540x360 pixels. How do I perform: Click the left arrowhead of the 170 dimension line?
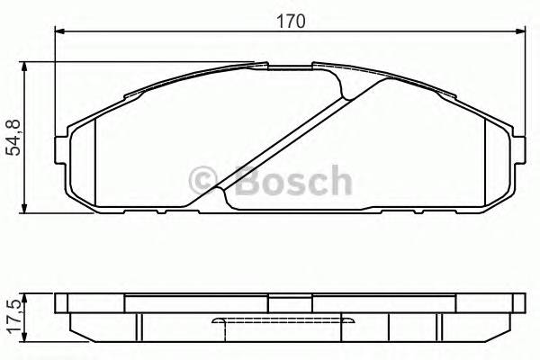tap(59, 31)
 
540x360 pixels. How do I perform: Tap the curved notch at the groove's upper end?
tap(345, 85)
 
